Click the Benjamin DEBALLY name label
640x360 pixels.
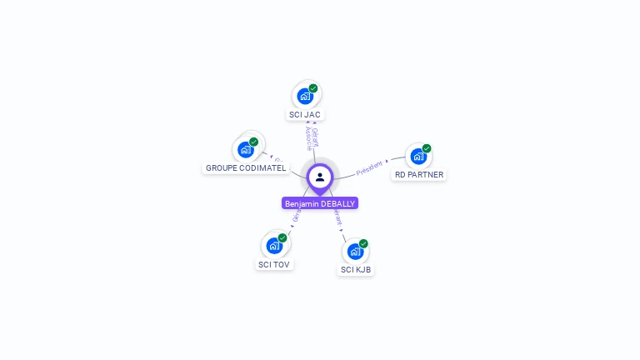pos(320,203)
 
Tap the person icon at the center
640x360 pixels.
pos(320,177)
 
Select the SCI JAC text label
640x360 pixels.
pos(305,115)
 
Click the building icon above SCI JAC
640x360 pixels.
pos(305,96)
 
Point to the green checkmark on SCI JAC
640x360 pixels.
pos(313,88)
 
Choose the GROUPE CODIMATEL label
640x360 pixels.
pos(246,168)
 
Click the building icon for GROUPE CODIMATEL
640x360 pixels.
pos(245,149)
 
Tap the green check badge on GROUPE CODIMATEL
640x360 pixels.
pos(253,142)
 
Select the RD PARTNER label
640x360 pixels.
pos(419,175)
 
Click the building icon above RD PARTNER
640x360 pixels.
pos(418,156)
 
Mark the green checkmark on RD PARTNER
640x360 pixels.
pos(427,148)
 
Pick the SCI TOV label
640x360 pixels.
pos(275,265)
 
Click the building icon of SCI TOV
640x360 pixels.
pos(274,246)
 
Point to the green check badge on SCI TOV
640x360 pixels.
pos(282,238)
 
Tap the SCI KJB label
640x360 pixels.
pos(356,270)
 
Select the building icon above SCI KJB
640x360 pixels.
pos(355,251)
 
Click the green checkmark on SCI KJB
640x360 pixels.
pos(363,243)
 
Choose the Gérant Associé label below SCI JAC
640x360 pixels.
pos(311,137)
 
